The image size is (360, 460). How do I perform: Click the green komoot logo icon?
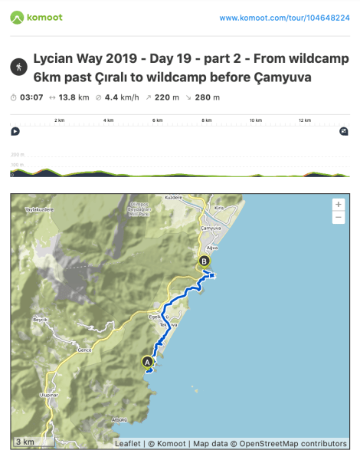click(18, 16)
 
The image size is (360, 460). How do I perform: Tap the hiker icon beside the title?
click(18, 67)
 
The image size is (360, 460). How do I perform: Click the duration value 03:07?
click(32, 97)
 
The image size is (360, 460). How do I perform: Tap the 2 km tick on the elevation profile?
click(58, 120)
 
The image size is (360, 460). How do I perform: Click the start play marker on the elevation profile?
click(15, 131)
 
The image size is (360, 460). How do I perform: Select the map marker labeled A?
click(147, 360)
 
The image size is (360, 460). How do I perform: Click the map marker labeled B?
click(204, 261)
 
